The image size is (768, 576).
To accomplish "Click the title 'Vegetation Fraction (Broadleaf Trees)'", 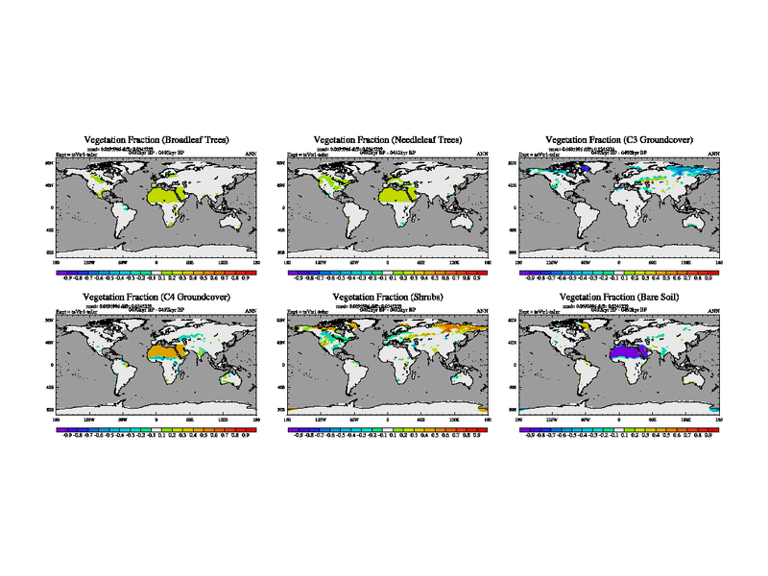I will pyautogui.click(x=156, y=140).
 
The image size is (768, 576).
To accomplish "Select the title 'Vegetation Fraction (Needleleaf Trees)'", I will pyautogui.click(x=388, y=140).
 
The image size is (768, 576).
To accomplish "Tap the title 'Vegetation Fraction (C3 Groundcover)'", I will pyautogui.click(x=619, y=140).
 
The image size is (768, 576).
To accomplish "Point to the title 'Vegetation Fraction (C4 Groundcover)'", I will pyautogui.click(x=156, y=299).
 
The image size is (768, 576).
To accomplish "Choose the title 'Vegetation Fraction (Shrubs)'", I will pyautogui.click(x=388, y=299).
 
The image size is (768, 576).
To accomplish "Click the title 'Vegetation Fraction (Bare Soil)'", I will pyautogui.click(x=619, y=299).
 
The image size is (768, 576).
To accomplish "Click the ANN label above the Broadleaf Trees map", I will pyautogui.click(x=252, y=155).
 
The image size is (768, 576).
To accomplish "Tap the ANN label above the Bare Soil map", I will pyautogui.click(x=713, y=313).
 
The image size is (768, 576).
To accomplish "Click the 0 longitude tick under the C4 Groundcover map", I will pyautogui.click(x=156, y=420).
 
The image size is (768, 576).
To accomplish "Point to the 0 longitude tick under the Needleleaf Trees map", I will pyautogui.click(x=388, y=261).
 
